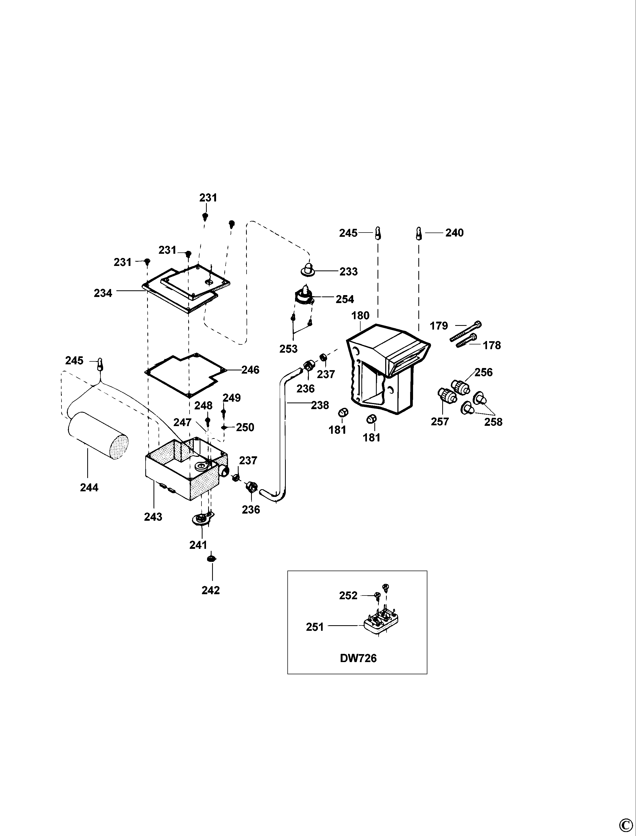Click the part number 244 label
(89, 487)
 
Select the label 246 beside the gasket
(250, 370)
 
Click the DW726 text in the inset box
(358, 658)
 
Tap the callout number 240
(454, 233)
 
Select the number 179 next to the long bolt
(439, 326)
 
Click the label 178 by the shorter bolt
(492, 345)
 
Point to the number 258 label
(493, 422)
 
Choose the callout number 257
(440, 421)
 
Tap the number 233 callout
(348, 272)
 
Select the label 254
(344, 299)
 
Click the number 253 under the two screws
(288, 349)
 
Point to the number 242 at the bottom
(210, 590)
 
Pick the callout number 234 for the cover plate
(103, 293)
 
